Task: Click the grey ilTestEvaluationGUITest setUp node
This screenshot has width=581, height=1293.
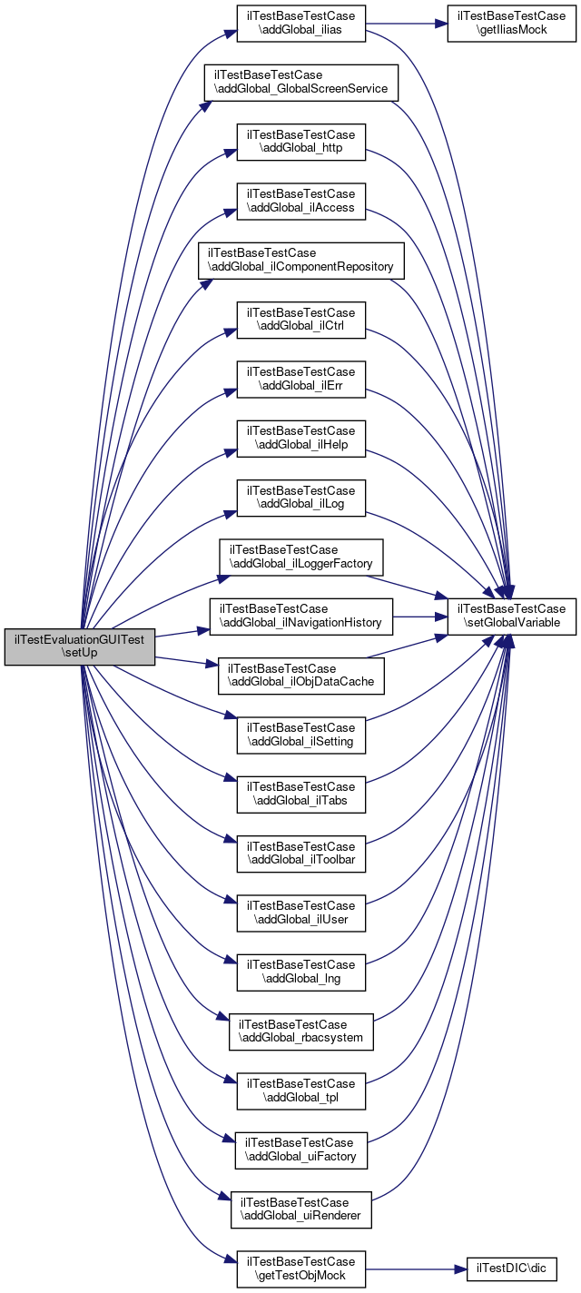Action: tap(80, 646)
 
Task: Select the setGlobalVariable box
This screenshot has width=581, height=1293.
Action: tap(512, 617)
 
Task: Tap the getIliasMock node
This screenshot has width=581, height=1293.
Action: tap(511, 24)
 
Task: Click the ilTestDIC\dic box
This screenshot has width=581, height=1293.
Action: tap(511, 1269)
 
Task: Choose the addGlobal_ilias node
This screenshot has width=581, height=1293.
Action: tap(300, 24)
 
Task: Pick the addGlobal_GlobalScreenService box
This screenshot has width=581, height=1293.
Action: tap(300, 83)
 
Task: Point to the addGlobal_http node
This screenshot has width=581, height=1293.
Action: tap(300, 143)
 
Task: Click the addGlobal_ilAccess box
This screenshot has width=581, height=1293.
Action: tap(300, 202)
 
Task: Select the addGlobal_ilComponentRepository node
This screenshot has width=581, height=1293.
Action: tap(300, 261)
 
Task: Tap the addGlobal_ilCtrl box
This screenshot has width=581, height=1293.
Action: tap(300, 321)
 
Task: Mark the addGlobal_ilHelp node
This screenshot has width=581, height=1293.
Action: tap(300, 439)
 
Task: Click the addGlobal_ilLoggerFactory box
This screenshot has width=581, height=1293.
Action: tap(300, 558)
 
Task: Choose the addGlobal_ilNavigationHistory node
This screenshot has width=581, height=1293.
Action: tap(300, 617)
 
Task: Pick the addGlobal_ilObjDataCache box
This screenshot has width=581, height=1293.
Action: tap(300, 676)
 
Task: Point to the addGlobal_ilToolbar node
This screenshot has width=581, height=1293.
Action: tap(300, 854)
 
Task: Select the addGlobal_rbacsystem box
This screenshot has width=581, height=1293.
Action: tap(300, 1031)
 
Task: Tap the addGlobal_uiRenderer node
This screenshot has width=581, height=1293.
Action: tap(300, 1209)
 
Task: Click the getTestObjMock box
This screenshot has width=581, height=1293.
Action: tap(300, 1269)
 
